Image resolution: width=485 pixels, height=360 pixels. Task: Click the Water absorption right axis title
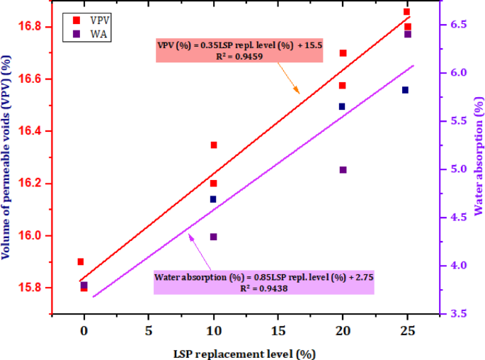click(478, 157)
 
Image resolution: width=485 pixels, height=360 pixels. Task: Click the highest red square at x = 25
click(406, 12)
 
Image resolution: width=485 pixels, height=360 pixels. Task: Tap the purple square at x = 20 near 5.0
click(343, 170)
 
